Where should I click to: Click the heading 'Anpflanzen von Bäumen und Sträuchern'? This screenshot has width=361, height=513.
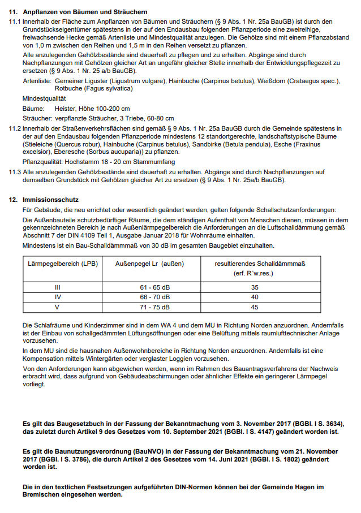pyautogui.click(x=85, y=12)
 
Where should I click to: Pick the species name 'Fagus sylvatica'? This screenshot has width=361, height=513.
pyautogui.click(x=106, y=89)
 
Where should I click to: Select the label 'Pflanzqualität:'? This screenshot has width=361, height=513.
pyautogui.click(x=41, y=162)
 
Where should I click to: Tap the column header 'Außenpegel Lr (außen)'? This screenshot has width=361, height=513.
pyautogui.click(x=150, y=264)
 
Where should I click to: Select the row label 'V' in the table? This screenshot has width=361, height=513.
pyautogui.click(x=57, y=307)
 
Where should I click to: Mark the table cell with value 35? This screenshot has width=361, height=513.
pyautogui.click(x=255, y=287)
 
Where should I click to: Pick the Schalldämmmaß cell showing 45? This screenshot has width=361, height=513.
pyautogui.click(x=255, y=307)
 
